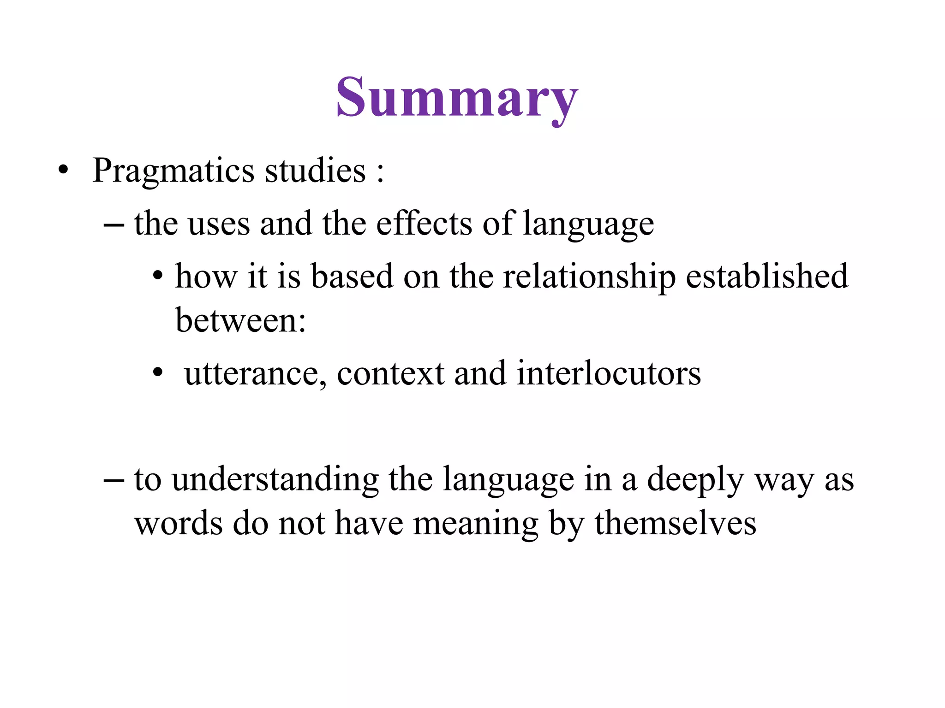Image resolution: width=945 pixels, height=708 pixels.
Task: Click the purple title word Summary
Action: pos(457,98)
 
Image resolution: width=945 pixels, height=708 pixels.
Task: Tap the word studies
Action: pos(316,171)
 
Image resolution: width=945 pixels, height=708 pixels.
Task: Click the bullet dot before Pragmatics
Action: pos(63,171)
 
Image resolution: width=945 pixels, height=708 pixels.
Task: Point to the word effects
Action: pos(424,224)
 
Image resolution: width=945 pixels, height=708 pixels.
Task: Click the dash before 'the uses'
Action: pos(114,225)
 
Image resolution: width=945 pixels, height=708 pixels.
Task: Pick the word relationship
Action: pos(589,277)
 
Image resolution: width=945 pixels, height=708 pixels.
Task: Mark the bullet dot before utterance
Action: pos(158,372)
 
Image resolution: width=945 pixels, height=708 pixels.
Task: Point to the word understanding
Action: pos(275,480)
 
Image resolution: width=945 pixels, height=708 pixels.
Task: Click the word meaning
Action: pos(475,525)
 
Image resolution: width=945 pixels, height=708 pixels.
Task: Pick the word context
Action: pos(390,373)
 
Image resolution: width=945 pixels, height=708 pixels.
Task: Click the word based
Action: pos(352,277)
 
